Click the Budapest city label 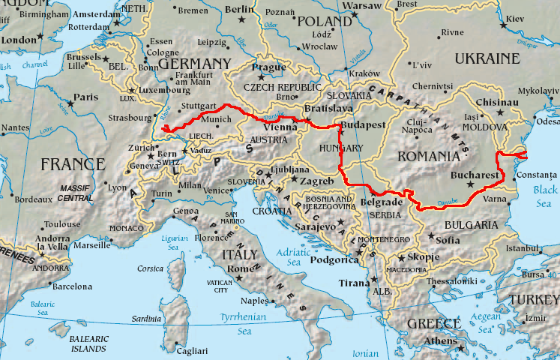(x=363, y=124)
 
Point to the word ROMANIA (x=427, y=156)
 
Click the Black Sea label (x=546, y=196)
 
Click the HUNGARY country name (x=341, y=148)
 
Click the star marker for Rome (x=238, y=278)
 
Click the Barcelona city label (x=71, y=286)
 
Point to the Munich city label (x=216, y=119)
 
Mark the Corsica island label (x=150, y=268)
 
